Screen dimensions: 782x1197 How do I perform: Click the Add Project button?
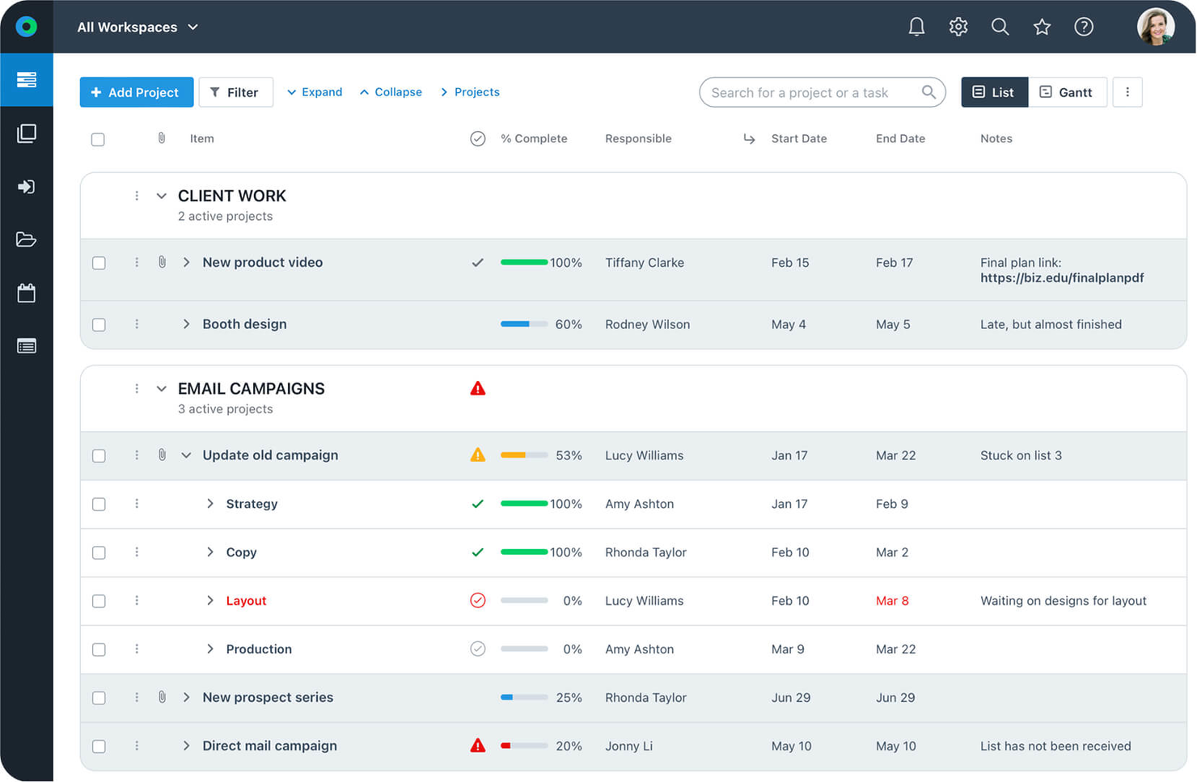[x=136, y=92]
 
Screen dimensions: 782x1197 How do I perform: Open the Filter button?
[x=235, y=92]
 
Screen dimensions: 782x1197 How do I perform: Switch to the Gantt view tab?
[x=1066, y=92]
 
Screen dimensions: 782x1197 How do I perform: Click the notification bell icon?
[x=916, y=27]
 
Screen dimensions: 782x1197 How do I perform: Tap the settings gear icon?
[x=958, y=27]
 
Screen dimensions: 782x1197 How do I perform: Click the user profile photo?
[x=1155, y=27]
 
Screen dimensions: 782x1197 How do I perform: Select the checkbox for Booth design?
[x=99, y=324]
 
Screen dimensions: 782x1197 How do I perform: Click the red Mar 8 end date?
[x=891, y=601]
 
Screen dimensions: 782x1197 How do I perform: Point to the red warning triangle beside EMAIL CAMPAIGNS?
[x=477, y=389]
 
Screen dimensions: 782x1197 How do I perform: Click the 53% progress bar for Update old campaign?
[x=523, y=455]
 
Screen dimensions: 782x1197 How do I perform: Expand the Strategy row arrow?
[x=210, y=504]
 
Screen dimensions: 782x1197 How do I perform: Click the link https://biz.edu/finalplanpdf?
[x=1061, y=278]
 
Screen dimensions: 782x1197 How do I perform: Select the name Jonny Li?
[x=628, y=746]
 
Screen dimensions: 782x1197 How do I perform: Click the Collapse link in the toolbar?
[x=391, y=92]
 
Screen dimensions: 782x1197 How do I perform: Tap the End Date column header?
[x=899, y=138]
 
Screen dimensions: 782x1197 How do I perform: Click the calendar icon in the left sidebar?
[x=26, y=293]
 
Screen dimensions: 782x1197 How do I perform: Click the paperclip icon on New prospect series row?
[x=162, y=697]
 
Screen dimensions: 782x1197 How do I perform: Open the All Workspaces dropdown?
[x=137, y=27]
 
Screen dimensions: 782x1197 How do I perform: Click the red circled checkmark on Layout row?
[x=477, y=600]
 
